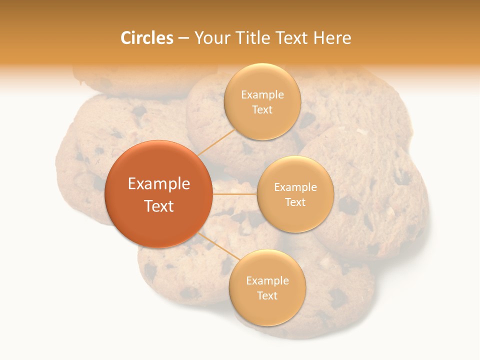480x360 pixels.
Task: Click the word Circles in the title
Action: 147,38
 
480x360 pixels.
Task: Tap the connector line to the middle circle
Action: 234,194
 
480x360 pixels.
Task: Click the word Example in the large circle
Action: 159,184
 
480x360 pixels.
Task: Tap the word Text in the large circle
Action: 159,206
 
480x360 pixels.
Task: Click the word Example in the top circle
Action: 262,95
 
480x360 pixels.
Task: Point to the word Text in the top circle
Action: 262,109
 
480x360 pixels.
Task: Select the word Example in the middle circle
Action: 295,187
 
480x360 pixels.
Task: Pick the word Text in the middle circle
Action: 295,202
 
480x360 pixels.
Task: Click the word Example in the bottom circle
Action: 267,281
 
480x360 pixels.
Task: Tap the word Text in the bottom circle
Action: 267,295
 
